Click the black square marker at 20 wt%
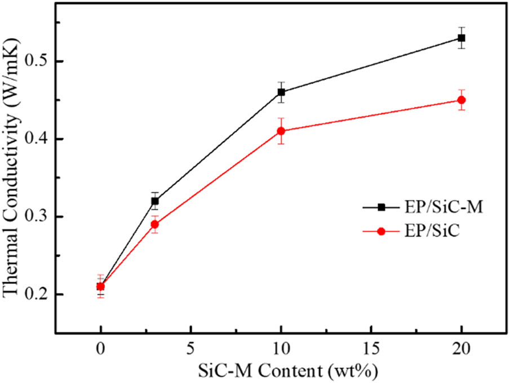pos(462,38)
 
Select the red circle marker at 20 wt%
pos(462,100)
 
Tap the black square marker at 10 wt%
pos(281,92)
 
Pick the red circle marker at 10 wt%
pos(281,131)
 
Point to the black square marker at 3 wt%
pos(155,201)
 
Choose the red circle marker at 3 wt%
pos(155,224)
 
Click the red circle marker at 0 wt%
pos(100,287)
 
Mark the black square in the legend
pos(381,208)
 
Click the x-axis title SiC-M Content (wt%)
pos(281,371)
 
